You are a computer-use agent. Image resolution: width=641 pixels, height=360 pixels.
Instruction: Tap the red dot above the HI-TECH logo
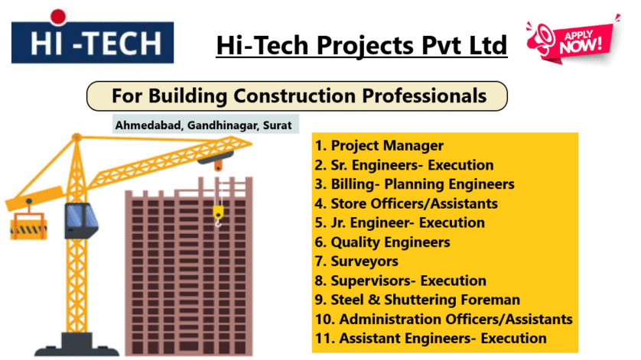click(58, 16)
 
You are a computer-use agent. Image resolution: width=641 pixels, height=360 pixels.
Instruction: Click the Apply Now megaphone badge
click(572, 40)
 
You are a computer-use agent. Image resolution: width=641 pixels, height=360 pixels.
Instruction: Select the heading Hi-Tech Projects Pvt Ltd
click(361, 45)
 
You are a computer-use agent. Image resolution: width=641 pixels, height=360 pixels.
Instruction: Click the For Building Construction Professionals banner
click(298, 96)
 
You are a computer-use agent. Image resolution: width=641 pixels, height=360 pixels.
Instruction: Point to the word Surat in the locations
click(277, 125)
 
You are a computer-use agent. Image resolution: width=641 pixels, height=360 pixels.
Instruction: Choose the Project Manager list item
click(379, 145)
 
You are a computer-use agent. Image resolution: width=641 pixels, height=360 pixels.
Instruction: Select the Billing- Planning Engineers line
click(415, 184)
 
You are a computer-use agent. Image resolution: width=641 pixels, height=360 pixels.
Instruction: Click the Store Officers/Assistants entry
click(406, 203)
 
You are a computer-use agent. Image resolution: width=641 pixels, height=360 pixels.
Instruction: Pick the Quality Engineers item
click(382, 242)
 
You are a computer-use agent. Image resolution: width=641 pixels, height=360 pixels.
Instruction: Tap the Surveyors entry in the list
click(356, 261)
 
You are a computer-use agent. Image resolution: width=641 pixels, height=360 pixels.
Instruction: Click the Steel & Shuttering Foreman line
click(418, 300)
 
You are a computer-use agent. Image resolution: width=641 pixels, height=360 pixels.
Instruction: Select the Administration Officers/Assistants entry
click(444, 319)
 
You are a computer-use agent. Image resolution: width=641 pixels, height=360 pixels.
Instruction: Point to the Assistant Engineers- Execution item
click(431, 339)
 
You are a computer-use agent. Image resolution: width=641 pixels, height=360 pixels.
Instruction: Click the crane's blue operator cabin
click(81, 221)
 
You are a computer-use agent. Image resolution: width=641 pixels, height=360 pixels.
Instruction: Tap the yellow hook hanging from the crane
click(218, 216)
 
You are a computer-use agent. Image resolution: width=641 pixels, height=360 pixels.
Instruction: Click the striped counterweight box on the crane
click(28, 226)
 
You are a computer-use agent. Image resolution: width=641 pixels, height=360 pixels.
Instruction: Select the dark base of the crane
click(76, 345)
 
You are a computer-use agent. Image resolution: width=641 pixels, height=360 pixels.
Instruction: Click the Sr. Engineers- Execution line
click(404, 165)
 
